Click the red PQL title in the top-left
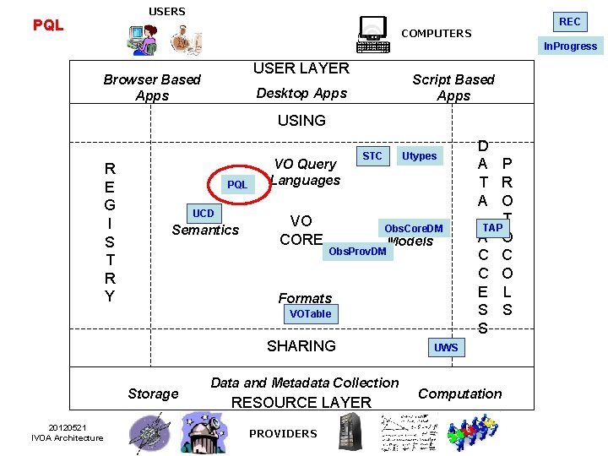coord(48,25)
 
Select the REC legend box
coord(570,21)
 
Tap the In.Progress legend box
coord(570,46)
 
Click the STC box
coord(372,156)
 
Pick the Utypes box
coord(420,156)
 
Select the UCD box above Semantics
coord(204,214)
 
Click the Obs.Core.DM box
coord(413,229)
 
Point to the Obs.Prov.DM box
coord(357,252)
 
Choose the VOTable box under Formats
coord(310,314)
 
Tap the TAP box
coord(492,227)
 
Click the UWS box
coord(446,348)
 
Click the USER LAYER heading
coord(301,68)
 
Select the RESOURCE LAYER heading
coord(301,403)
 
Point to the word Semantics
coord(205,230)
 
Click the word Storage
coord(153,394)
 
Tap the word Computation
coord(460,394)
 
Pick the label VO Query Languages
coord(306,172)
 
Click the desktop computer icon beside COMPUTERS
coord(373,35)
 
